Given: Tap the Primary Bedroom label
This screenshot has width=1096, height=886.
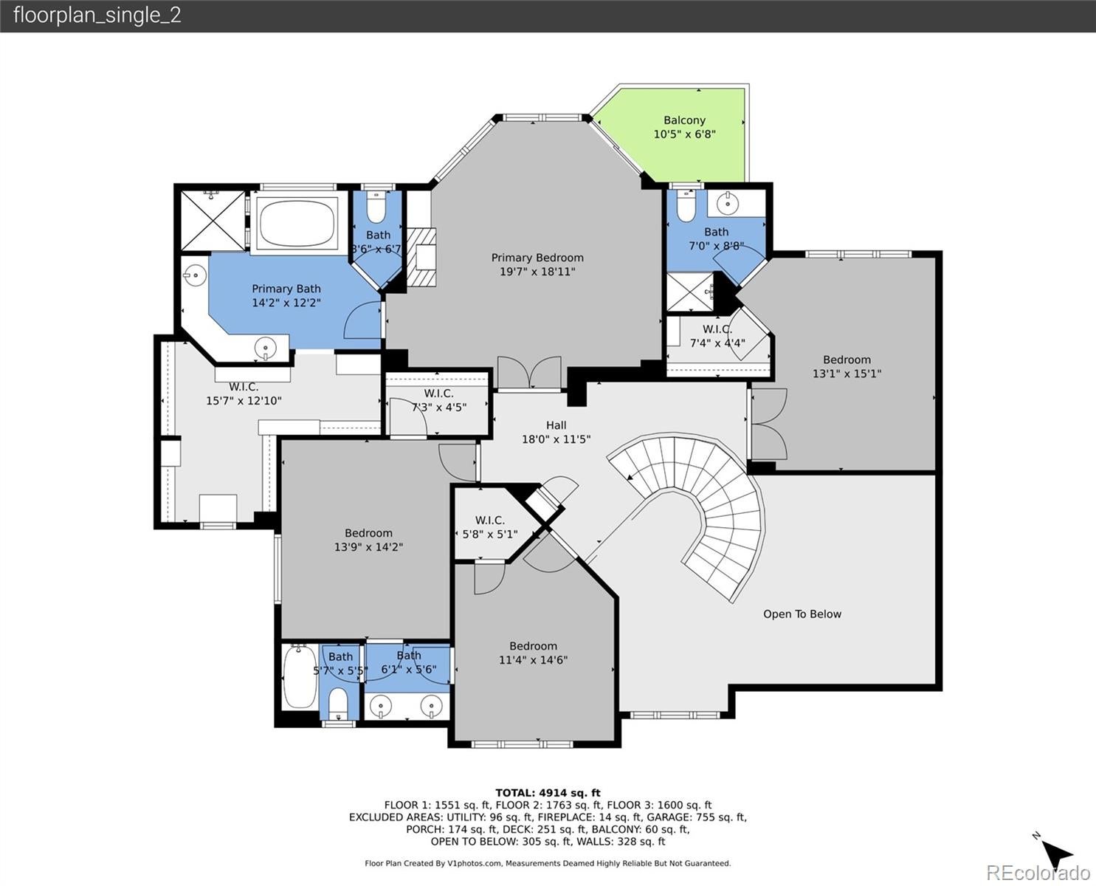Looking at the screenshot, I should click(x=537, y=258).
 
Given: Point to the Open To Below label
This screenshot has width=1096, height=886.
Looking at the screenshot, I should click(x=802, y=614).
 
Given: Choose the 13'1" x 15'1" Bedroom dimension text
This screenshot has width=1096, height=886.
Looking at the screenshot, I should click(x=847, y=374).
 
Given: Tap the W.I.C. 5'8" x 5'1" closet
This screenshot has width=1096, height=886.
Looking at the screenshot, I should click(x=489, y=527).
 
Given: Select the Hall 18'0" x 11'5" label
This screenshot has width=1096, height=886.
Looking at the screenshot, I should click(x=556, y=432).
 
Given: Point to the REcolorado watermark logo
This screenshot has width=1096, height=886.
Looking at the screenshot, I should click(x=1038, y=873).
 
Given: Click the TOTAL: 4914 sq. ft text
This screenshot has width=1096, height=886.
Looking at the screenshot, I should click(x=548, y=793).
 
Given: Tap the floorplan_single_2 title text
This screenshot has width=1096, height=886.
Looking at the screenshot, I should click(x=97, y=16).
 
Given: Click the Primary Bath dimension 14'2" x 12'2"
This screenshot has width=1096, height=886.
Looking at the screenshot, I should click(x=286, y=303).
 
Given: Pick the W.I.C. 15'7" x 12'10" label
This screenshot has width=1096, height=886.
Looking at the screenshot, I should click(x=244, y=394).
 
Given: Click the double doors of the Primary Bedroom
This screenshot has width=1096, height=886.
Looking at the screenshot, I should click(x=529, y=372).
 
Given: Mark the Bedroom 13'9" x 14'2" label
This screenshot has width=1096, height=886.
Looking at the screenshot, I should click(x=368, y=540).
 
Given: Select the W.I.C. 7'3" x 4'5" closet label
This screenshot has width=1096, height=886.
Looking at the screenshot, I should click(x=438, y=400).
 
